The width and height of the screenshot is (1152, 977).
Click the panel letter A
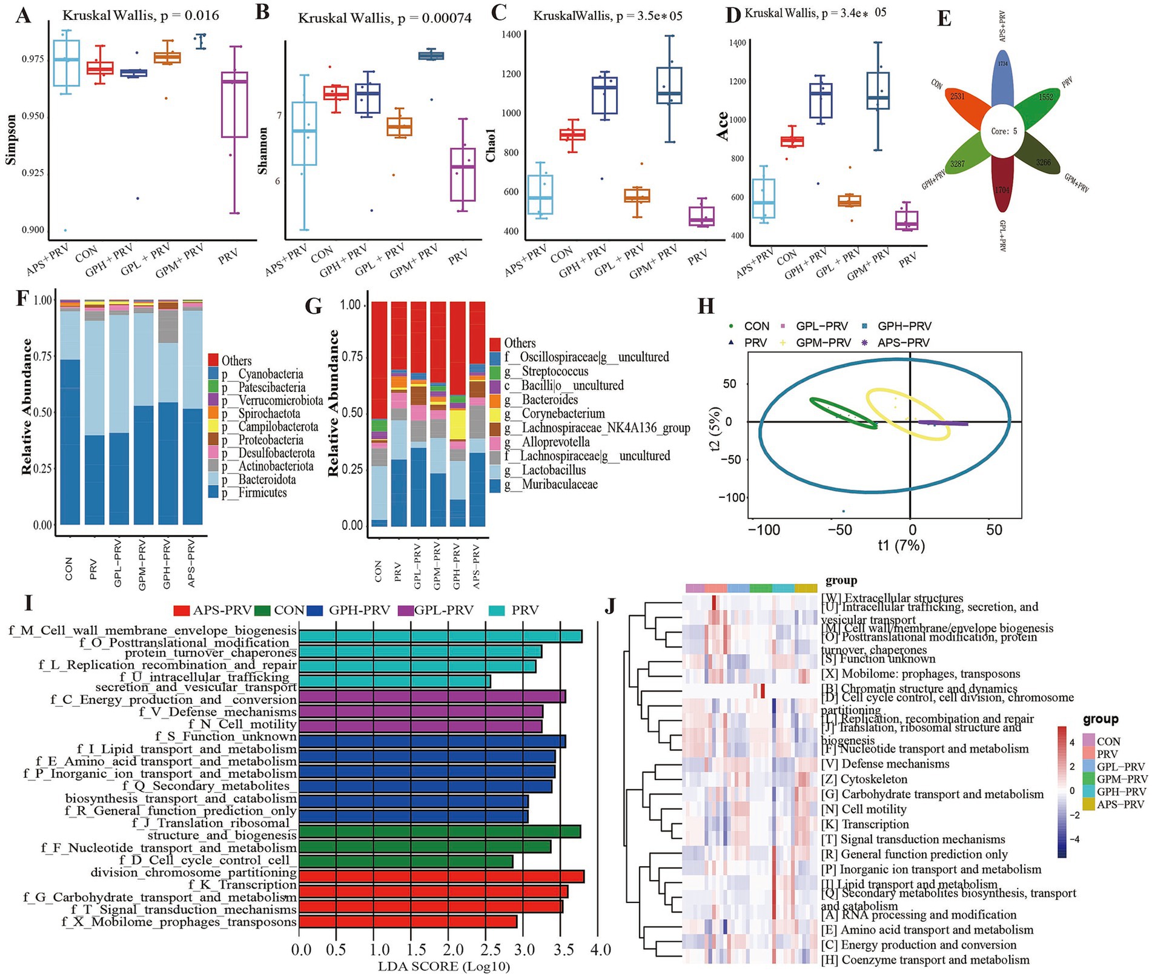pos(22,15)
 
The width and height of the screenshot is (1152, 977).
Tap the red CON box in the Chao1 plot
pos(572,134)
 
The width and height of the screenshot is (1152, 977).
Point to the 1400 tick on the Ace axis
pos(737,43)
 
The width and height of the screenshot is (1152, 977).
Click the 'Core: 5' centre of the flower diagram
pos(1004,131)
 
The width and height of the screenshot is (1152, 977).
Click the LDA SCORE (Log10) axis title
pos(443,966)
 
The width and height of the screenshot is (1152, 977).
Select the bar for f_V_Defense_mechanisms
pos(420,711)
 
